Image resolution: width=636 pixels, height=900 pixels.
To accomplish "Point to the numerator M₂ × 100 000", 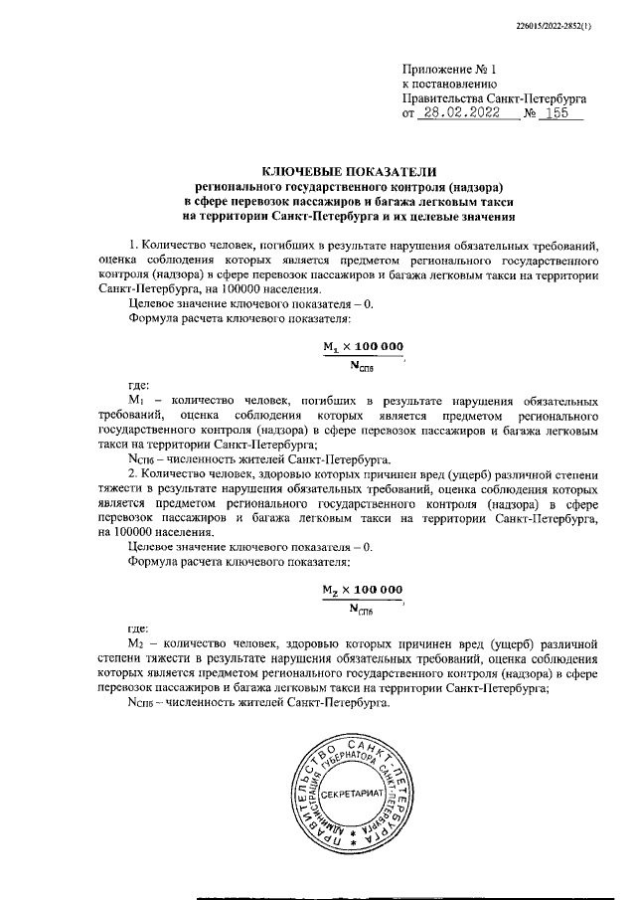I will pyautogui.click(x=363, y=589).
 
